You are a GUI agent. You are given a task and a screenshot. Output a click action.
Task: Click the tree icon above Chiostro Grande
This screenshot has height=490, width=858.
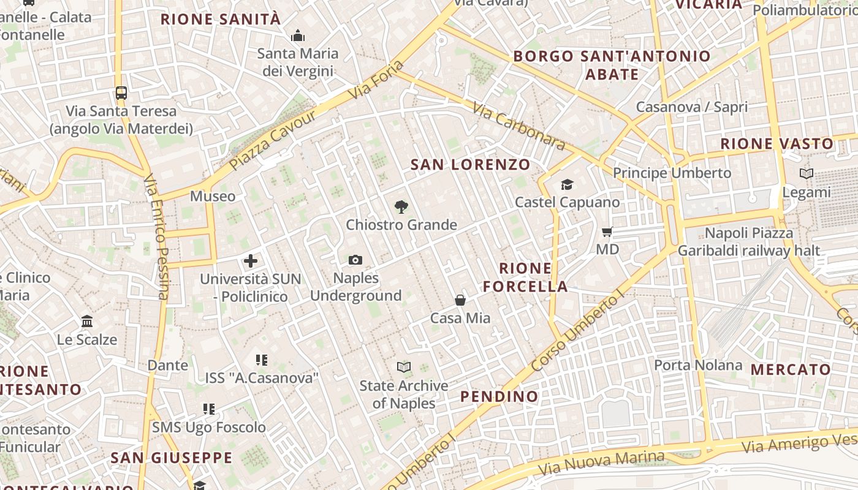coord(401,206)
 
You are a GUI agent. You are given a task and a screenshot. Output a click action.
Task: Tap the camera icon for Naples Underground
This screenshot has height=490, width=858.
coord(355,260)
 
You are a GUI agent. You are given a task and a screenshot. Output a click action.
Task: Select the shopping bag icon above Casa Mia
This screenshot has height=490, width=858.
coord(460,300)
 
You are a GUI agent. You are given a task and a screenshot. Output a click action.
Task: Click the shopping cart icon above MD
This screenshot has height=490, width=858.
coord(607,232)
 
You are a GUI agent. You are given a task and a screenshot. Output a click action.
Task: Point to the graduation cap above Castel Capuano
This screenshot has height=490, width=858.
coord(567,184)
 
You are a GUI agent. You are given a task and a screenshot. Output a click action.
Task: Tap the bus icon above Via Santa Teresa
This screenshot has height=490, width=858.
coord(121,93)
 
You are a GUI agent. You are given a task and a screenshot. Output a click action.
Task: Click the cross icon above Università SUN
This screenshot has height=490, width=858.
coord(251,262)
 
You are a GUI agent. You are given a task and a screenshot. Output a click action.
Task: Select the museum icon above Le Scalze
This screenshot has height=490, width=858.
coord(87,322)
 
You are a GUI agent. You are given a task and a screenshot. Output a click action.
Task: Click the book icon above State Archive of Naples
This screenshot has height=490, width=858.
coord(403,367)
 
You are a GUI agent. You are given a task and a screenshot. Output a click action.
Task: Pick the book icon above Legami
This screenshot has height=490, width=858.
coord(807,174)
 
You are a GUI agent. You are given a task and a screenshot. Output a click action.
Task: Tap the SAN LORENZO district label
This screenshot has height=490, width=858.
coord(470,164)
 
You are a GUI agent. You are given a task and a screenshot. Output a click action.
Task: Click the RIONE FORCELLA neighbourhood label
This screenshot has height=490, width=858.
coord(525,277)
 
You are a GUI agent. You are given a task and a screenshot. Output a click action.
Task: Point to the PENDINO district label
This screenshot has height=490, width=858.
coord(499,396)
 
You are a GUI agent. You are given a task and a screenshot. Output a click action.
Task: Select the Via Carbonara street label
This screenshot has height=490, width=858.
coord(518,126)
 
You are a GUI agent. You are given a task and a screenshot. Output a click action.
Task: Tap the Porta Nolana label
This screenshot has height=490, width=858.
coord(698,365)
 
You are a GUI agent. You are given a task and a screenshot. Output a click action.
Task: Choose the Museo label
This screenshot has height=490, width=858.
coord(213,196)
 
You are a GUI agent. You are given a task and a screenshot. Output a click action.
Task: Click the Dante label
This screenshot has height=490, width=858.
coord(168,366)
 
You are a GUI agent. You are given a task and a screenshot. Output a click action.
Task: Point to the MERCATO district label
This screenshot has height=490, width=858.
coord(791,369)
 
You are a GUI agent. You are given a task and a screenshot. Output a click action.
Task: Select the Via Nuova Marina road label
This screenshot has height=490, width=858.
coord(601,463)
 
